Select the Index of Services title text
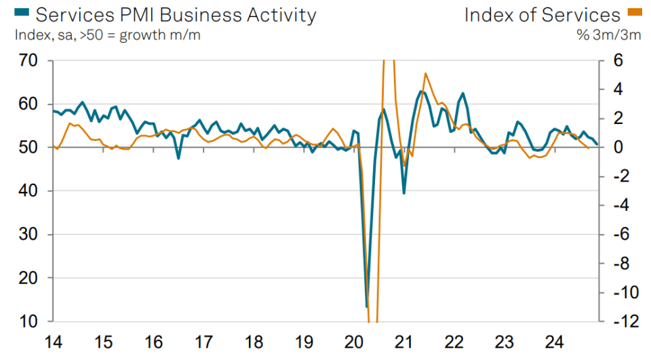tap(541, 14)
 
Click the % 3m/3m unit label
tap(608, 35)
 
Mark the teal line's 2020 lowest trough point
tap(367, 306)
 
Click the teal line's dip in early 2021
tap(404, 193)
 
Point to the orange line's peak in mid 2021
tap(425, 73)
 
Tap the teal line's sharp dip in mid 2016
tap(178, 158)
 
